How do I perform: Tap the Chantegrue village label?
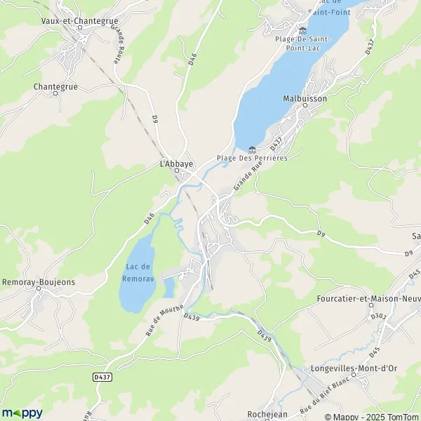(x=54, y=87)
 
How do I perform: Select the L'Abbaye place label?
(x=177, y=163)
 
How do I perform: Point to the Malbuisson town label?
(x=305, y=99)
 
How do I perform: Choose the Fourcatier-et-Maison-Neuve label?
(x=368, y=298)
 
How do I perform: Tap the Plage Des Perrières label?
(x=252, y=158)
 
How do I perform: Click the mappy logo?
(x=22, y=413)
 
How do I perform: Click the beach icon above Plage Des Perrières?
(x=252, y=148)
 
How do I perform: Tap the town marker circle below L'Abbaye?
(x=177, y=171)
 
